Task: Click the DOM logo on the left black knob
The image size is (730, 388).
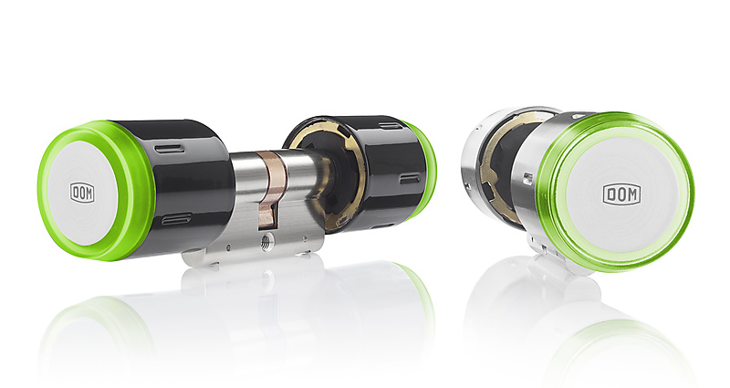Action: point(82,193)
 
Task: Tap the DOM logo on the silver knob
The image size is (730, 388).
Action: point(621,194)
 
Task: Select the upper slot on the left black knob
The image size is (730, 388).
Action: point(166,148)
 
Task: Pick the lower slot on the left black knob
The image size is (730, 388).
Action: point(176,219)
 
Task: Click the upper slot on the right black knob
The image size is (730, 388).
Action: point(391,125)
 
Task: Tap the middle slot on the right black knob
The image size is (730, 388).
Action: point(409,178)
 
